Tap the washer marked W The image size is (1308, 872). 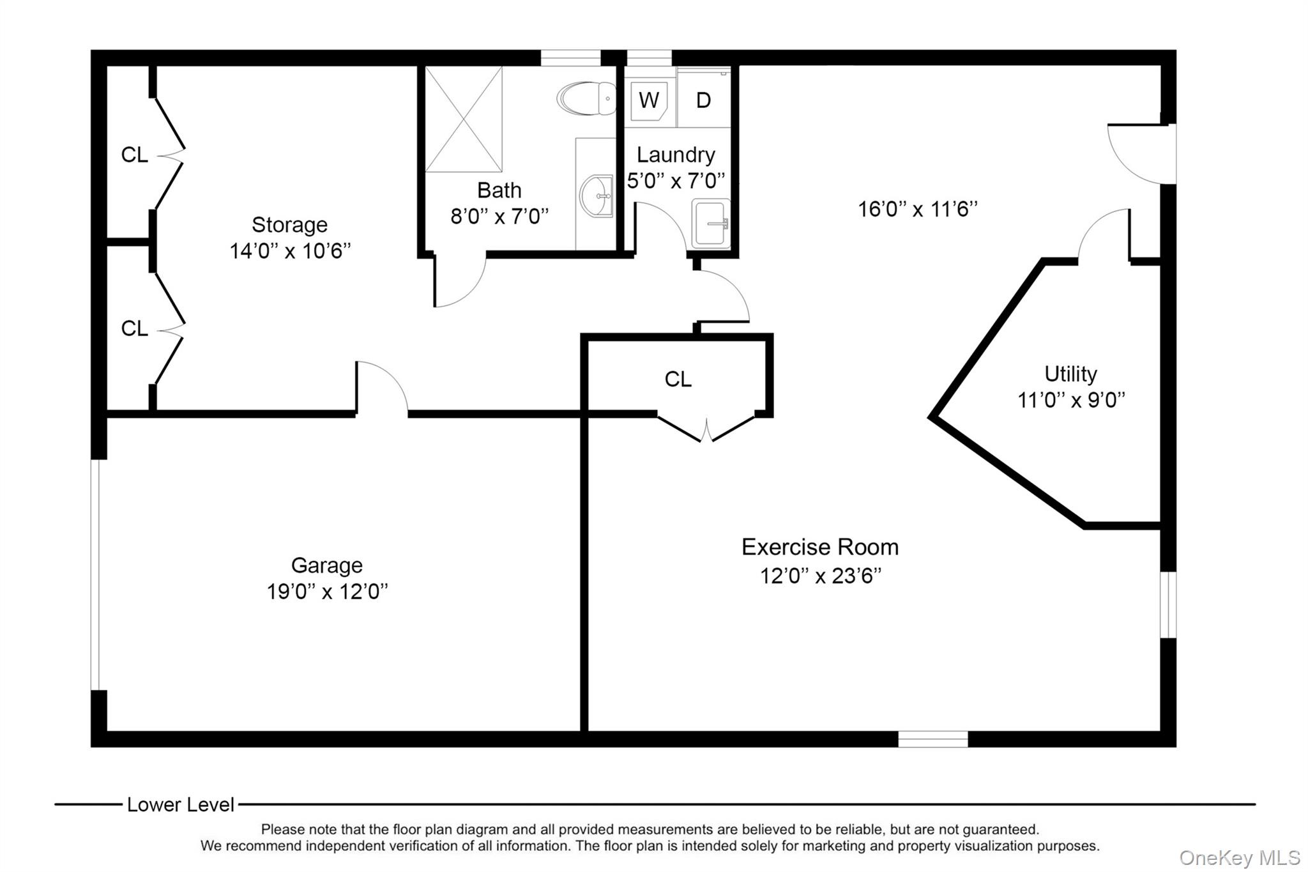(x=650, y=100)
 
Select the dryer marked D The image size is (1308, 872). (x=703, y=100)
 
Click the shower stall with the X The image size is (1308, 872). (x=464, y=119)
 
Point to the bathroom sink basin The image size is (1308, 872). (x=597, y=196)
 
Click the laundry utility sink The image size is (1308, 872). (x=711, y=224)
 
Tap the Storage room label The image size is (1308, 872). (x=289, y=225)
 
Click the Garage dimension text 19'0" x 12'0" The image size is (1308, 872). (x=327, y=592)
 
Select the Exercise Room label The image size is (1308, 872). (x=820, y=547)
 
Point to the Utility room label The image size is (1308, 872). (x=1070, y=374)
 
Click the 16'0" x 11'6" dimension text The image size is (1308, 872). (x=918, y=209)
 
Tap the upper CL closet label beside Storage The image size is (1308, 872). (x=134, y=155)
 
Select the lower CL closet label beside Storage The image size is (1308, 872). (x=134, y=328)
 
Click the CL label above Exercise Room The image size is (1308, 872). (x=678, y=379)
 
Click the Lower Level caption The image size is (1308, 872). (x=181, y=805)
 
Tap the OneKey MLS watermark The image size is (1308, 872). (x=1240, y=857)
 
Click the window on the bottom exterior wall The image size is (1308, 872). (x=933, y=739)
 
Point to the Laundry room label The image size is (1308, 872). (x=676, y=155)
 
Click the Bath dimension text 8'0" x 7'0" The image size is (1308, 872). (x=499, y=217)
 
